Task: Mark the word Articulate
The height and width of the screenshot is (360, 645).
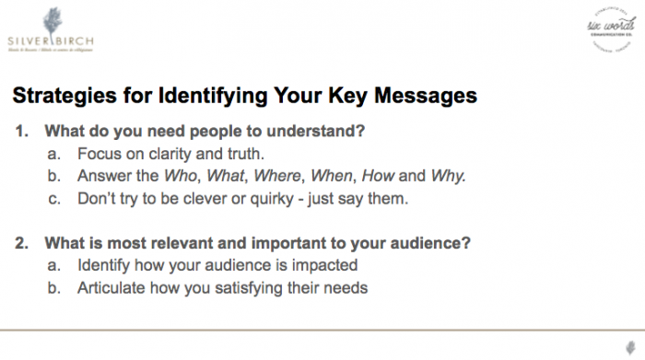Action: click(111, 288)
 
